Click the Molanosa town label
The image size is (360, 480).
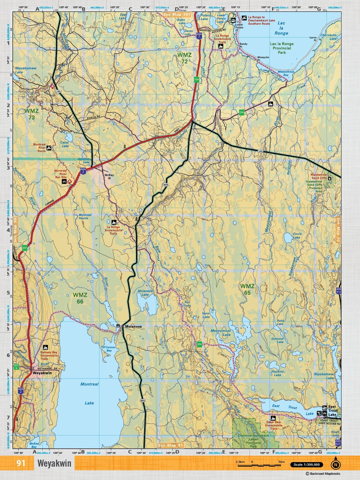coord(133,326)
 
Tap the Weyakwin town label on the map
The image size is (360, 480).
coord(42,373)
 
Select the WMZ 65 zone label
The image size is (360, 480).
coord(247,289)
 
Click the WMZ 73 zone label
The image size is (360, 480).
coord(31,114)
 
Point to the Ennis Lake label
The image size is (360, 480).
coord(297,236)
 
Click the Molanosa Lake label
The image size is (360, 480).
coord(145,293)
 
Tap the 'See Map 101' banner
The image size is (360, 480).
coord(177,14)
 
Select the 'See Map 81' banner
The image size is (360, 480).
coord(171,445)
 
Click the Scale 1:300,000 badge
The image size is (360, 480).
coord(307,465)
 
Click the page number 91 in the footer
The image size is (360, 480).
coord(21,463)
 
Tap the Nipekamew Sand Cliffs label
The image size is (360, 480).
coord(318,176)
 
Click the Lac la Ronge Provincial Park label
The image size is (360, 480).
coord(282,48)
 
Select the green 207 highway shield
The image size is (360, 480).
coord(25,248)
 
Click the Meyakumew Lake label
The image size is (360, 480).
coord(26,70)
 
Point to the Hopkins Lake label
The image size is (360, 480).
coord(278,373)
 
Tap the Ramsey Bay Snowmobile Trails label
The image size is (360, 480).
coord(49,355)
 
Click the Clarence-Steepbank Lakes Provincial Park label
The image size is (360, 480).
coord(253,441)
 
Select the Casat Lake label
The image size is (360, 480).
coord(65,144)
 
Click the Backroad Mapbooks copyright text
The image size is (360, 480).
coord(323,474)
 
